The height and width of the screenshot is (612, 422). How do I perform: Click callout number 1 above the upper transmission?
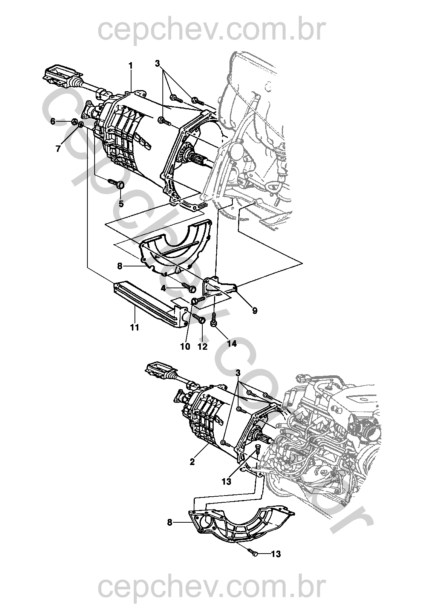click(131, 66)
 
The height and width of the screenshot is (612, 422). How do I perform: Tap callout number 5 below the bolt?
click(121, 203)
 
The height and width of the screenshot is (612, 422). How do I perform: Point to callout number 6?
click(53, 121)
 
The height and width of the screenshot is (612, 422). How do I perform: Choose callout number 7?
click(58, 149)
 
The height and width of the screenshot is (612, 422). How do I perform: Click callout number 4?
click(164, 288)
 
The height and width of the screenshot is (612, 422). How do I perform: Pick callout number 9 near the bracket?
click(255, 311)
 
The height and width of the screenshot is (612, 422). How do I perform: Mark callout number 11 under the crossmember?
click(135, 327)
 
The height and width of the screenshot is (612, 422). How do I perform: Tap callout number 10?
click(185, 346)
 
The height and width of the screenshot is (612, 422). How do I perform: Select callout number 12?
click(202, 346)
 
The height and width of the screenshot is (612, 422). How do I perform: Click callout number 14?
click(232, 343)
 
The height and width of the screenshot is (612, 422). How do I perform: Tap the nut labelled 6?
click(74, 122)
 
